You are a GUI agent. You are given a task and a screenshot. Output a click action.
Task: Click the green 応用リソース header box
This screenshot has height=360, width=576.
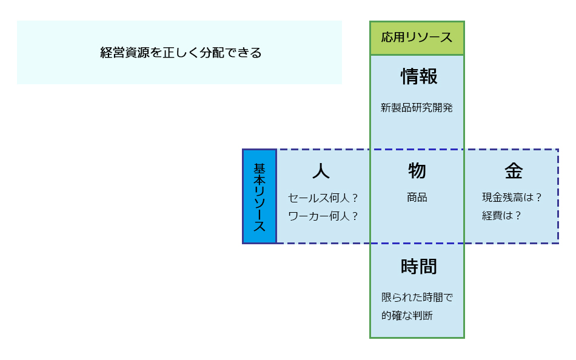(417, 38)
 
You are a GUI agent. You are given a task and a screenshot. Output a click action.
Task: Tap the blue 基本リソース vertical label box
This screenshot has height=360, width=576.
(260, 196)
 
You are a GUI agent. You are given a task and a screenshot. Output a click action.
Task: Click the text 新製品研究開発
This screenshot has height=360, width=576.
(417, 108)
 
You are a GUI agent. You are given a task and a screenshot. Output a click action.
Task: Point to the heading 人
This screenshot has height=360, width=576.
(321, 171)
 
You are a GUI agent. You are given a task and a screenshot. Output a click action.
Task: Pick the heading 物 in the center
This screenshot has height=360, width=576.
(417, 171)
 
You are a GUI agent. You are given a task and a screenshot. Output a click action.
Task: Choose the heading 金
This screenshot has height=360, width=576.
(513, 171)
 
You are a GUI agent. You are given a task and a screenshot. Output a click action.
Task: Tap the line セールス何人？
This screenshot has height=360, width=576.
(323, 198)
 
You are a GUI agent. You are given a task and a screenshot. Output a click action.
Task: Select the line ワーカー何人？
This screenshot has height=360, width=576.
(323, 216)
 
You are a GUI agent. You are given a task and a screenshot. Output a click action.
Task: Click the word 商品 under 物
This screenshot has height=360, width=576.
(417, 198)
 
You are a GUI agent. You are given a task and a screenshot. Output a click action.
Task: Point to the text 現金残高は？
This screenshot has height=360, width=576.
(511, 198)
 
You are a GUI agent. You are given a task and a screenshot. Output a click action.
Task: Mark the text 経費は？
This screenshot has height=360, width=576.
(501, 216)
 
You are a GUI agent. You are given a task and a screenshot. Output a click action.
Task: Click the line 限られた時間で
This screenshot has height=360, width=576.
(417, 298)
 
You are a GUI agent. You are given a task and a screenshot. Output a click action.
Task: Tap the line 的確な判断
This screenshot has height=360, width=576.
(407, 316)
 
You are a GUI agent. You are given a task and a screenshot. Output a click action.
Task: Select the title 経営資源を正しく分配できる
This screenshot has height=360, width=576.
(181, 53)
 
